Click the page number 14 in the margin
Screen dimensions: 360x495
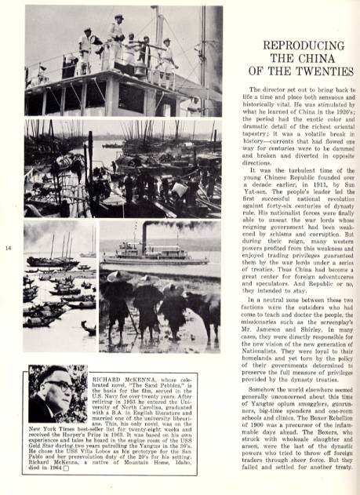(9, 249)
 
